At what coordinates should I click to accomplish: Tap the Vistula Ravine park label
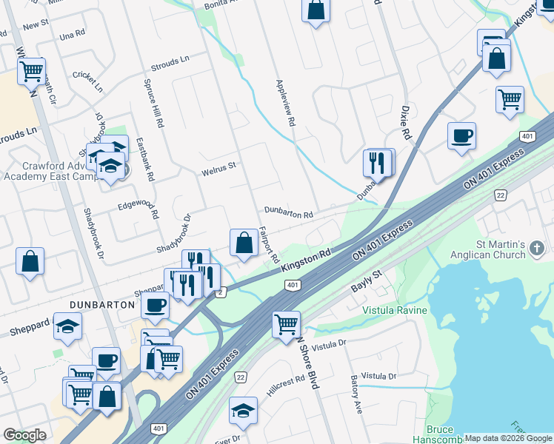pos(394,311)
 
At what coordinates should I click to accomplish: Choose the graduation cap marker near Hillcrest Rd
pos(243,411)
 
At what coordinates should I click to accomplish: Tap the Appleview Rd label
pos(286,102)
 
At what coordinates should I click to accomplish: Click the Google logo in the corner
pos(24,435)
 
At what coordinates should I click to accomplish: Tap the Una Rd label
pos(73,35)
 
